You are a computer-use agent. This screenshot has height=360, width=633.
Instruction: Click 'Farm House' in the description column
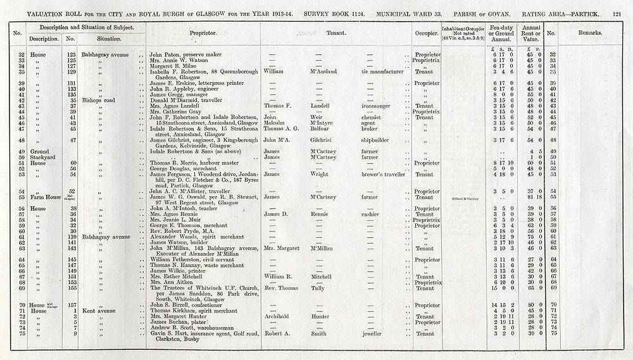[43, 197]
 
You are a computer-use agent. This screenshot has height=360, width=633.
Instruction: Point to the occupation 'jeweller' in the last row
[373, 333]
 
